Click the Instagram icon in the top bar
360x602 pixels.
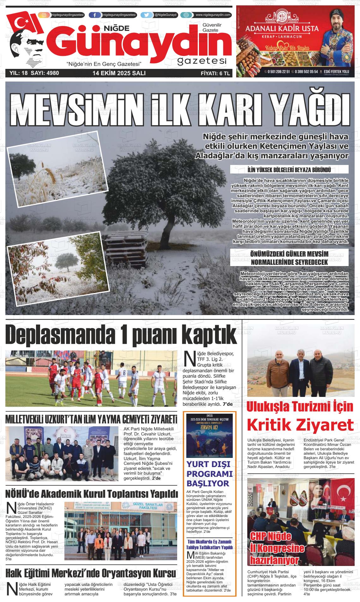(44, 15)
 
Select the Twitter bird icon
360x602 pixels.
(146, 15)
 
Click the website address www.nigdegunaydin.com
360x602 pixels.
(213, 15)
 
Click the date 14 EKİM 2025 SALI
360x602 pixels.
(119, 73)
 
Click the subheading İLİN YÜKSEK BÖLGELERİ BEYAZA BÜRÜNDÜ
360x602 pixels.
(290, 170)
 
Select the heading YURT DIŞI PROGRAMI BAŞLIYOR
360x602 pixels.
(209, 474)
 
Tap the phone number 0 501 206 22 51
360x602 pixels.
(278, 72)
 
